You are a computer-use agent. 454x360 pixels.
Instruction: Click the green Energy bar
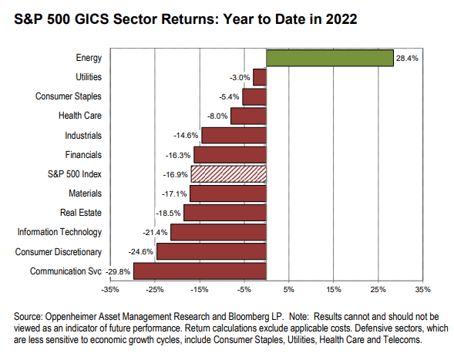[330, 58]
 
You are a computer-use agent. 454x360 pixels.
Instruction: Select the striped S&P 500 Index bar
[229, 174]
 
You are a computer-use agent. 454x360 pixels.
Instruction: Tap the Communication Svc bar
[200, 271]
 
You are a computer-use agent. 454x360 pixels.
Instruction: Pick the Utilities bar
[260, 77]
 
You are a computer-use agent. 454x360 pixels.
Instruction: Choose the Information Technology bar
[219, 232]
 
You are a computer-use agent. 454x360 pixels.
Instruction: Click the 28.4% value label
[407, 59]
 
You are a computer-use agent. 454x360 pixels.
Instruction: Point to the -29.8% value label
[118, 272]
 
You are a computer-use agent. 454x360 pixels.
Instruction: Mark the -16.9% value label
[176, 175]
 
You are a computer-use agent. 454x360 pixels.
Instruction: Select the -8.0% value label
[217, 116]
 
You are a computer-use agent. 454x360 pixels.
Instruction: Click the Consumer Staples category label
[69, 96]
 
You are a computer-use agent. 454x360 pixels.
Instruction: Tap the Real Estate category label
[81, 213]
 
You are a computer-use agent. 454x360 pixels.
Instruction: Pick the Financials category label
[83, 155]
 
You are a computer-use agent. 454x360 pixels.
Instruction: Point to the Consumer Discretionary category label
[59, 252]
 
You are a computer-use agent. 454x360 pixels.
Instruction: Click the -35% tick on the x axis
[110, 290]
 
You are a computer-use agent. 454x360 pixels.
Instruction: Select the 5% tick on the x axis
[289, 290]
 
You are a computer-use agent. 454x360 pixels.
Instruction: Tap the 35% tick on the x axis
[423, 290]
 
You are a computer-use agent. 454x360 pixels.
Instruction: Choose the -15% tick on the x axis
[200, 290]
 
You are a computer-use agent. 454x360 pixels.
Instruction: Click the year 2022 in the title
[341, 19]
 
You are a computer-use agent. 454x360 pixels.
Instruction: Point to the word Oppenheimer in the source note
[70, 317]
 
